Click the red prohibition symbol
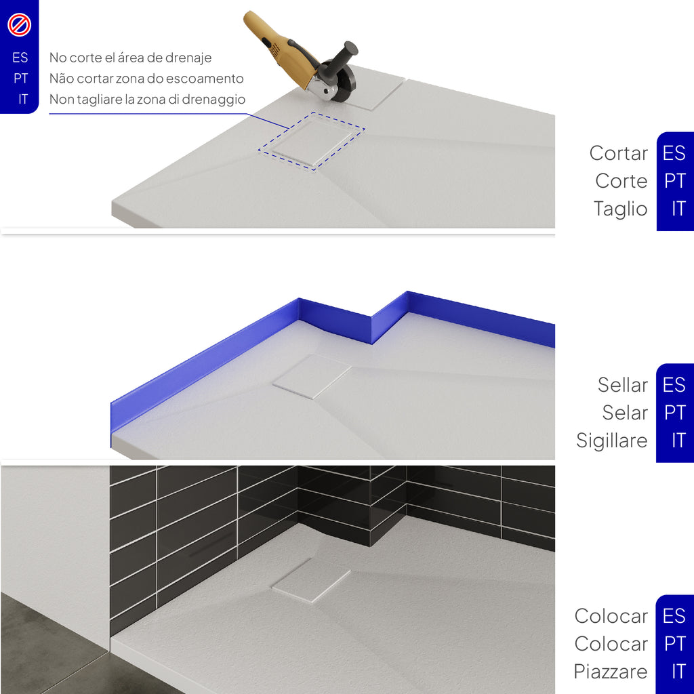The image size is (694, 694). coord(20,24)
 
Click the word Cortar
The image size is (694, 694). coord(618,153)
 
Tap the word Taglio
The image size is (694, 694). coord(621,209)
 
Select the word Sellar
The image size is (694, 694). coord(622,385)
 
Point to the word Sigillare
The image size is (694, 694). coord(612,441)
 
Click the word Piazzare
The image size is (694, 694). coord(611,672)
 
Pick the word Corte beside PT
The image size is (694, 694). coord(621,181)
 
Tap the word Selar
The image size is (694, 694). coord(625,413)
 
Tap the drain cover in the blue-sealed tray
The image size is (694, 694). coord(312,376)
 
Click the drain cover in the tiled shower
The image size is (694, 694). coord(311,579)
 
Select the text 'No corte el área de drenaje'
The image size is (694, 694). coord(130,58)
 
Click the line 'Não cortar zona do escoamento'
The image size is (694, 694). coord(146,79)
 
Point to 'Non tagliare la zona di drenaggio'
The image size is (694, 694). coord(147,99)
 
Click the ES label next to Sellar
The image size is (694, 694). coord(674,385)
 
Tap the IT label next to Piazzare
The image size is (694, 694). coord(678,672)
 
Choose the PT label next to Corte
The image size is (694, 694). coord(675,181)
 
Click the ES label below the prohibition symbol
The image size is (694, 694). coord(20,58)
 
